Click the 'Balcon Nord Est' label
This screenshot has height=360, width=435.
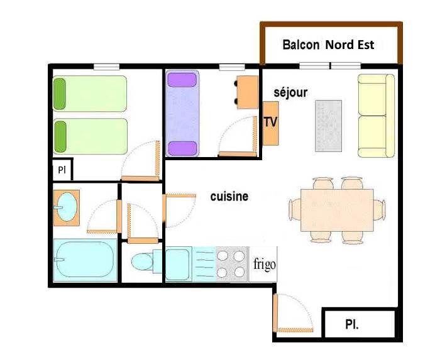[328, 45]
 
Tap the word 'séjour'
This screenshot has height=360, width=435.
[290, 92]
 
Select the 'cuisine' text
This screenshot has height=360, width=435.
[229, 197]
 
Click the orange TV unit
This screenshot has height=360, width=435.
[270, 123]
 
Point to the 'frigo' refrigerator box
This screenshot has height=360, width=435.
[263, 264]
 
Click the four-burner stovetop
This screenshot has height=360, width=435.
[231, 264]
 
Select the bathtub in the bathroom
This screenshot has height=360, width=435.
[85, 260]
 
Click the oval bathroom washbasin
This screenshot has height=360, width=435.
[67, 207]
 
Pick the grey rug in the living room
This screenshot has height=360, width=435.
[329, 126]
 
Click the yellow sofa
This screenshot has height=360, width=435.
[376, 116]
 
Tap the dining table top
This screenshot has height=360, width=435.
[337, 210]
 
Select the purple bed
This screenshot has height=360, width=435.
[182, 113]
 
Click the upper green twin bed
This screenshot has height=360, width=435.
[90, 94]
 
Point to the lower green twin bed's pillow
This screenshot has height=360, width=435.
[60, 137]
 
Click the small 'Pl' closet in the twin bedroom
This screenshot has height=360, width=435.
[62, 170]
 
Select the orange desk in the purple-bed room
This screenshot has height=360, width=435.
[248, 92]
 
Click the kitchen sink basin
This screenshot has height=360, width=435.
[177, 265]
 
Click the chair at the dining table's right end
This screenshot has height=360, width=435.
[379, 210]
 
